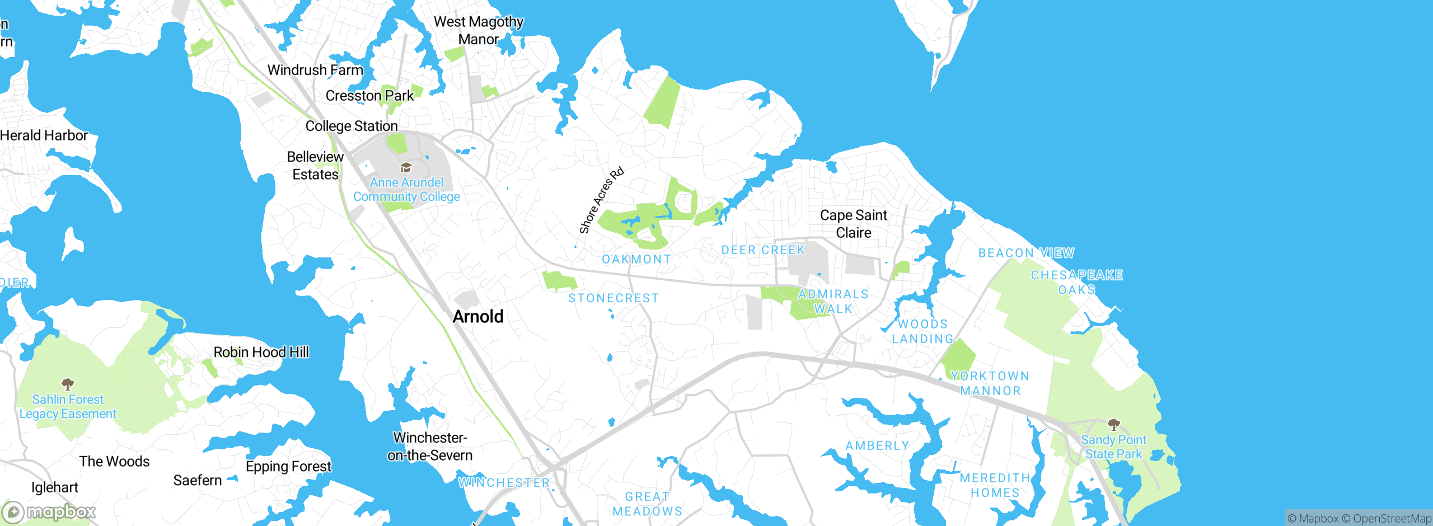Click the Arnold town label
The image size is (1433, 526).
coord(478,317)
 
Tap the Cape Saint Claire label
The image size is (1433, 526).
coord(853,224)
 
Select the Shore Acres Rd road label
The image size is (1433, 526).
coord(601,200)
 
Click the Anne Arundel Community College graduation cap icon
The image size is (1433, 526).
coord(406,168)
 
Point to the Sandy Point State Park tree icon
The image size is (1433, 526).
coord(1113,424)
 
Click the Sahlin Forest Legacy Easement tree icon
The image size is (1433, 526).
coord(68,384)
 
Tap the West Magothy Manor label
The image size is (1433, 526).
coord(479,30)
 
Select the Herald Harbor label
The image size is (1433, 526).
coord(44,135)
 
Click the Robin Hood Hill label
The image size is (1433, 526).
coord(261,352)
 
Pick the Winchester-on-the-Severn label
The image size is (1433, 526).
coord(430,447)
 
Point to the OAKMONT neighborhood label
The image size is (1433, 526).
coord(636,260)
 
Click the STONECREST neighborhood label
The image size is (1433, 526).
coord(614,298)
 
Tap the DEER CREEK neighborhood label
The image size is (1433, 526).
coord(763,250)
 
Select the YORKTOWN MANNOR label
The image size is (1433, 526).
coord(990,383)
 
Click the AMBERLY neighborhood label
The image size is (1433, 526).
coord(877,446)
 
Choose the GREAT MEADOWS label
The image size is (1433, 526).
coord(647,504)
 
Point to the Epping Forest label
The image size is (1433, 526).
coord(288,466)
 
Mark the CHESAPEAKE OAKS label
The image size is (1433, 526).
coord(1076,282)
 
